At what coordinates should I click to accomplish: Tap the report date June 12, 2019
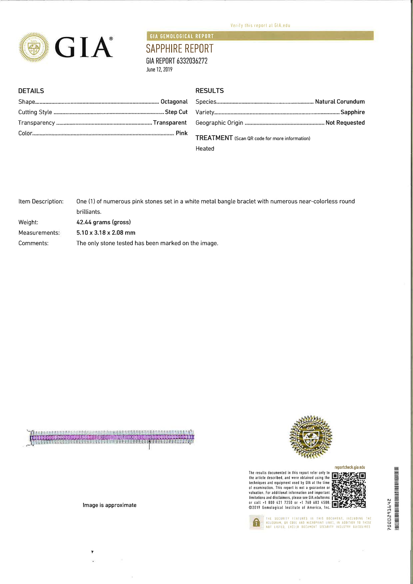(x=159, y=69)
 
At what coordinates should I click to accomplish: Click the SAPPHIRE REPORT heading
(x=180, y=49)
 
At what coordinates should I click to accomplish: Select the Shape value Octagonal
(x=174, y=102)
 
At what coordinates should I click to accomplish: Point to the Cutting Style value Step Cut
(x=176, y=112)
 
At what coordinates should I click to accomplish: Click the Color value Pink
(x=181, y=133)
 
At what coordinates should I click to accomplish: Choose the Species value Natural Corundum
(x=340, y=102)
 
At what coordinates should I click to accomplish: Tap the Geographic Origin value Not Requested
(x=345, y=123)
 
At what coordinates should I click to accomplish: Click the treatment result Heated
(x=205, y=149)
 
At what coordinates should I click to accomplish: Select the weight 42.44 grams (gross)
(x=104, y=222)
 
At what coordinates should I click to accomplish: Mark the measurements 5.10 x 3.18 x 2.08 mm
(x=106, y=233)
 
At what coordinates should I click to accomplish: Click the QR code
(x=349, y=490)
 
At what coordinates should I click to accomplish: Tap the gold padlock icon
(x=256, y=522)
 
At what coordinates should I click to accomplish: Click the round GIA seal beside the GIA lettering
(x=34, y=47)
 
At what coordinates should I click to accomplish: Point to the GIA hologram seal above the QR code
(x=311, y=437)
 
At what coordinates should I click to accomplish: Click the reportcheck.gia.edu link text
(x=350, y=467)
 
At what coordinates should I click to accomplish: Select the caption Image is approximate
(x=110, y=505)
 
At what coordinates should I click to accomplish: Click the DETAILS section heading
(x=31, y=91)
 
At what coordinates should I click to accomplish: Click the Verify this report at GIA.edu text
(x=260, y=25)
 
